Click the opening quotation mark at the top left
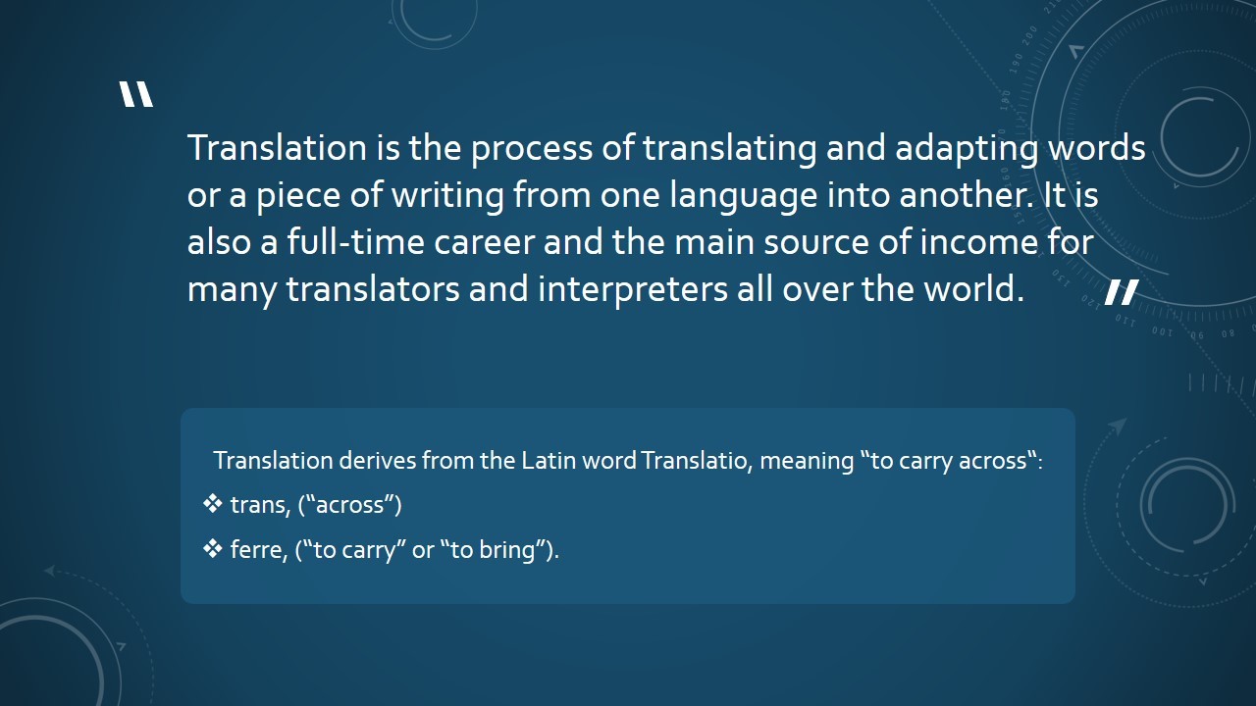click(136, 94)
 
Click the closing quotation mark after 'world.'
click(1122, 292)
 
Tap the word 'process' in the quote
click(532, 148)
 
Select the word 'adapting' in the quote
click(967, 148)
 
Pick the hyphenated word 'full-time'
click(356, 242)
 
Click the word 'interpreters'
click(633, 289)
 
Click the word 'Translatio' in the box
click(697, 461)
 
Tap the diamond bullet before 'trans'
click(213, 504)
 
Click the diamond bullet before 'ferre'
click(213, 548)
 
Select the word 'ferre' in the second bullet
click(258, 550)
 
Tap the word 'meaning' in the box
click(807, 462)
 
